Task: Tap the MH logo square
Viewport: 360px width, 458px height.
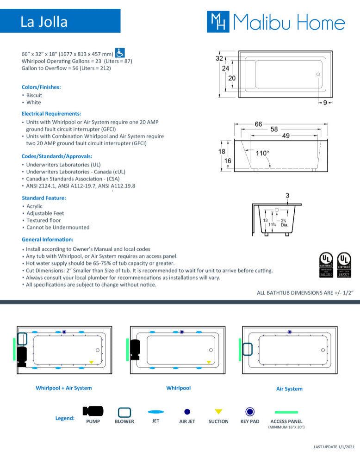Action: tap(218, 22)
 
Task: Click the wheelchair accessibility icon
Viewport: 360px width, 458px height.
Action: tap(120, 53)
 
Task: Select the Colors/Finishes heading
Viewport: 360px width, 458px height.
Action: tap(41, 87)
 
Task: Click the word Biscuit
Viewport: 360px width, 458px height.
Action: tap(34, 95)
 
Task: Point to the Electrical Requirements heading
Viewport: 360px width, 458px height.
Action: tap(51, 113)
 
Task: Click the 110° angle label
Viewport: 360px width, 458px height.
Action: tap(262, 153)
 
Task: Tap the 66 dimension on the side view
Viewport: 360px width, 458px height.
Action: tap(259, 124)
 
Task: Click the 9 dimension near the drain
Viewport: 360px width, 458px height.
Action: tap(325, 103)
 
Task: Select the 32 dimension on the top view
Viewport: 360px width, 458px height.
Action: tap(219, 59)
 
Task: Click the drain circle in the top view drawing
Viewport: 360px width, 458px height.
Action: tap(318, 74)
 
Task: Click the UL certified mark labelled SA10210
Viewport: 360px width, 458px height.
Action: tap(326, 265)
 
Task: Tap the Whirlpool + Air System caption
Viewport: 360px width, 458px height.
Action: tap(64, 388)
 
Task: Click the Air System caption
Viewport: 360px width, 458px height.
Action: tap(289, 389)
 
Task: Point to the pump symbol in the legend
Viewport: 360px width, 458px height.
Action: tap(93, 411)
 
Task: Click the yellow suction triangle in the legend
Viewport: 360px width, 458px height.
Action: tap(218, 411)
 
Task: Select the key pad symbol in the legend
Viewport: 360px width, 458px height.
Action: tap(250, 411)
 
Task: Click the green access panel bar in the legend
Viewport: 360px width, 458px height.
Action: tap(286, 412)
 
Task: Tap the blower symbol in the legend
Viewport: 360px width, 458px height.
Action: tap(124, 412)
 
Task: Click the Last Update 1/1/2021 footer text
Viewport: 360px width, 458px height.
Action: tap(335, 446)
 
